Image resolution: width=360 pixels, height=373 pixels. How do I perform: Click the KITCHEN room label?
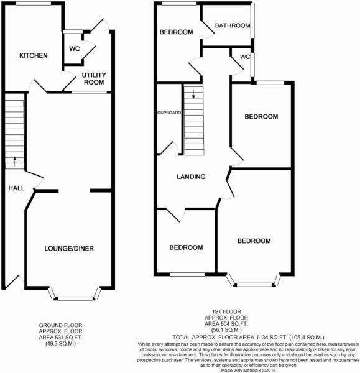(34, 56)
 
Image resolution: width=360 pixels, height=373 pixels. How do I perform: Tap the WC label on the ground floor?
(75, 48)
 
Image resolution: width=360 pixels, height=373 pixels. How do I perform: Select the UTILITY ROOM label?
(95, 78)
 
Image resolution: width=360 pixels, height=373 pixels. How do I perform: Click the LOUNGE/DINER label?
(69, 249)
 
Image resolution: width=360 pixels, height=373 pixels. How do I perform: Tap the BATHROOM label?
(233, 26)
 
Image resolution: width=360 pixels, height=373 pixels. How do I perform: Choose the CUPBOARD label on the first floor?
(168, 113)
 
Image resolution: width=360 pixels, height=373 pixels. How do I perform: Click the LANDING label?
(191, 177)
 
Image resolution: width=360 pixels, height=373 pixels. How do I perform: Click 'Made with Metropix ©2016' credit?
(249, 370)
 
